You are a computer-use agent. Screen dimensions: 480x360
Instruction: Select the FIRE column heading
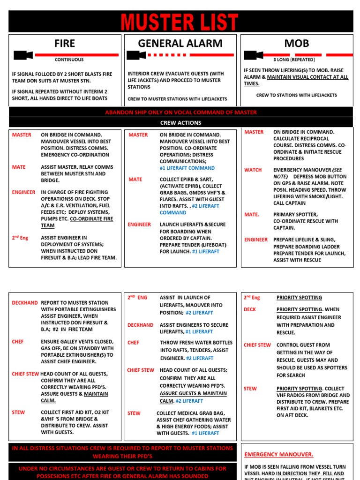65,44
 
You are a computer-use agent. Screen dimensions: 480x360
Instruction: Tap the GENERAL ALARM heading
180,44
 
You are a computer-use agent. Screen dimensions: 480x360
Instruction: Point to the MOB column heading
297,44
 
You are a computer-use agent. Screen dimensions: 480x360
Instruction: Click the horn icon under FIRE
23,55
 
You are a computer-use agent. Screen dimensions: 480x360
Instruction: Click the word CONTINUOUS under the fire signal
69,60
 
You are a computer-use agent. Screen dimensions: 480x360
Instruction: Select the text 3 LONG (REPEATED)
294,60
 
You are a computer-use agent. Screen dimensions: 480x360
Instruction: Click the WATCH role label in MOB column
253,170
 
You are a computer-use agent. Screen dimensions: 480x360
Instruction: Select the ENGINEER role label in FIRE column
24,192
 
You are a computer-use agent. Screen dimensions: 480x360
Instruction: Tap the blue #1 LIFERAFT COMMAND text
187,168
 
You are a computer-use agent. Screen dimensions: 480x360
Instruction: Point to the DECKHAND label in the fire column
25,303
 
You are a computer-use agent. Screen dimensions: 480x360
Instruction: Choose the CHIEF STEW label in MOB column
257,345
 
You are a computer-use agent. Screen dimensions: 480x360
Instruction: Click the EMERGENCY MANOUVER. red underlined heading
279,454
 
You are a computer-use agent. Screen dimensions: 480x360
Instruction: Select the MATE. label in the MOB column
252,214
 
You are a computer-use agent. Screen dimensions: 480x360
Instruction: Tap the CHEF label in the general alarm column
133,343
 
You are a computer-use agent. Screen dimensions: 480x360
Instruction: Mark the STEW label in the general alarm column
134,413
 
